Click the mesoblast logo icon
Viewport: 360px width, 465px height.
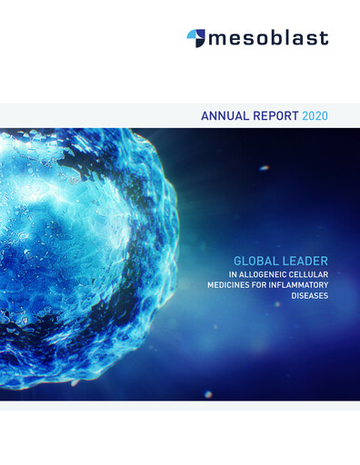[x=195, y=37]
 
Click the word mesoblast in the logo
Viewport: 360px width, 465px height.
[x=267, y=38]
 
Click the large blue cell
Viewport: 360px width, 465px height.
[x=82, y=254]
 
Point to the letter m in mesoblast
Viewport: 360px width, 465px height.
[x=216, y=39]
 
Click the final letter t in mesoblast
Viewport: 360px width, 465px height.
[x=325, y=38]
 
